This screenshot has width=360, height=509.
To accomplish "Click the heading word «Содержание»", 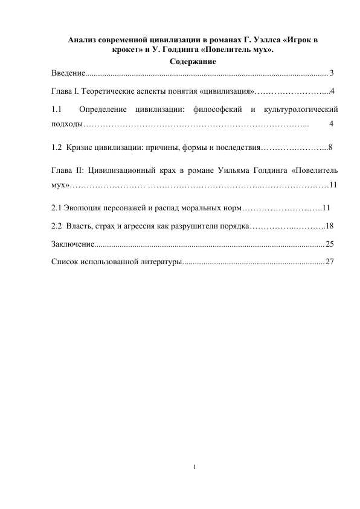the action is coord(193,62).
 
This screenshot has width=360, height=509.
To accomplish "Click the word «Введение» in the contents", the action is coord(68,74).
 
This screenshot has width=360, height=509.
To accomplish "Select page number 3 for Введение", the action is coord(332,74).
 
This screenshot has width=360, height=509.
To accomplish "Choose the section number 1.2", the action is coord(57,146).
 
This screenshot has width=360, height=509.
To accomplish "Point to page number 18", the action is coord(330,225).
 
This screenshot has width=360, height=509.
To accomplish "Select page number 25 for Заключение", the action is coord(330,244).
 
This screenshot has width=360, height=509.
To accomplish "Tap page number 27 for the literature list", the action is coord(330,262).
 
